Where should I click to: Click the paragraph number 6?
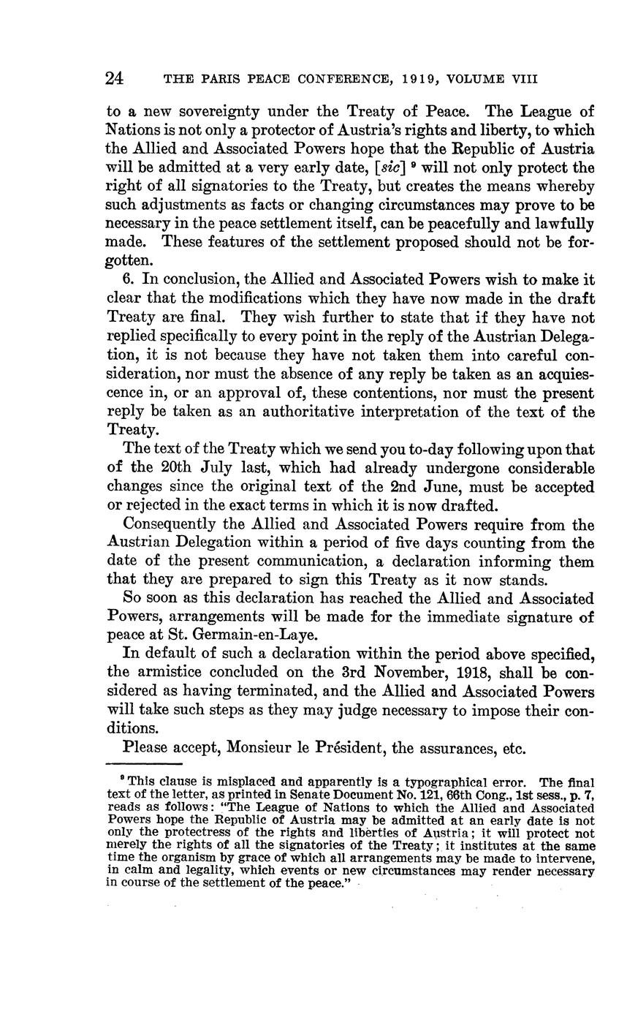[129, 280]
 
